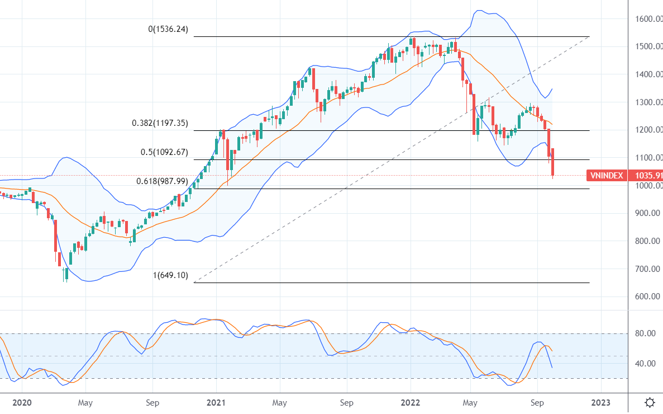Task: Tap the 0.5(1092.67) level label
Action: pos(164,152)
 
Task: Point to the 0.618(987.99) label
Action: pos(162,181)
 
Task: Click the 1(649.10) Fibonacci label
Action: pos(171,275)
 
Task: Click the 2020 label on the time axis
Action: pos(22,402)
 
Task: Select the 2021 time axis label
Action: pos(216,402)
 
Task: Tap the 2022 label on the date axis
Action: pos(411,402)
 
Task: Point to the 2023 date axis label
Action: pos(601,402)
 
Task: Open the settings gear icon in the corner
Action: pos(650,402)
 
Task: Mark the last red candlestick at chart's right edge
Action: pos(552,162)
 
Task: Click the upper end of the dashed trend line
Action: pos(589,36)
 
